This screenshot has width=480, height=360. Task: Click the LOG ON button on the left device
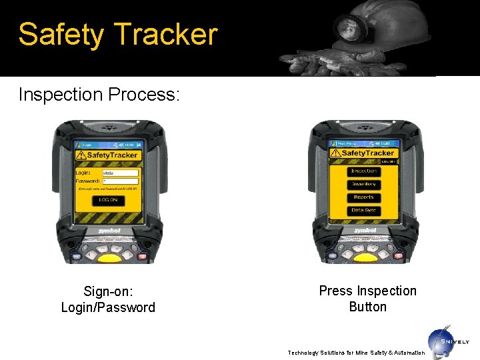pos(108,200)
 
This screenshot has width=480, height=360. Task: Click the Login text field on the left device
pos(121,173)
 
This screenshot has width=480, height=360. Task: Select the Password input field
pos(121,181)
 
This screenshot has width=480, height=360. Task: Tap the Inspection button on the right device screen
pos(364,171)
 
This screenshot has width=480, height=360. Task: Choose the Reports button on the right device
pos(364,197)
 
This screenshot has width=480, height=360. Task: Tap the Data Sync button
pos(364,210)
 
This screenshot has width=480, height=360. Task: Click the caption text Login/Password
pos(108,307)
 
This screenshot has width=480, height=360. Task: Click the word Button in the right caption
pos(367,307)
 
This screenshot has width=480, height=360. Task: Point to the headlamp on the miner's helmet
pos(347,29)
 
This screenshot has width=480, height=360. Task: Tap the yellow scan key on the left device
pos(109,257)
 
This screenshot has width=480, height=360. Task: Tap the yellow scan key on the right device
pos(365,257)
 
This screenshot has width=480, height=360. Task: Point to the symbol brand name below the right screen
pos(365,230)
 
